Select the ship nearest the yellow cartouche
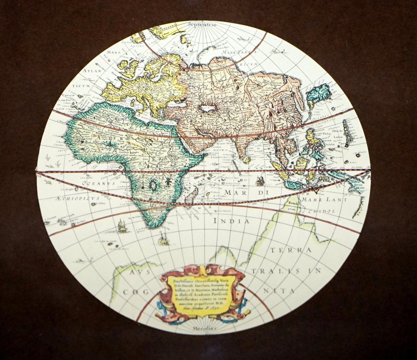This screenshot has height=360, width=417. point(163,240)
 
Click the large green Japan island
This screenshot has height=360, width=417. point(319,94)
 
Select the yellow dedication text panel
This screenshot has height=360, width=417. point(200,292)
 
